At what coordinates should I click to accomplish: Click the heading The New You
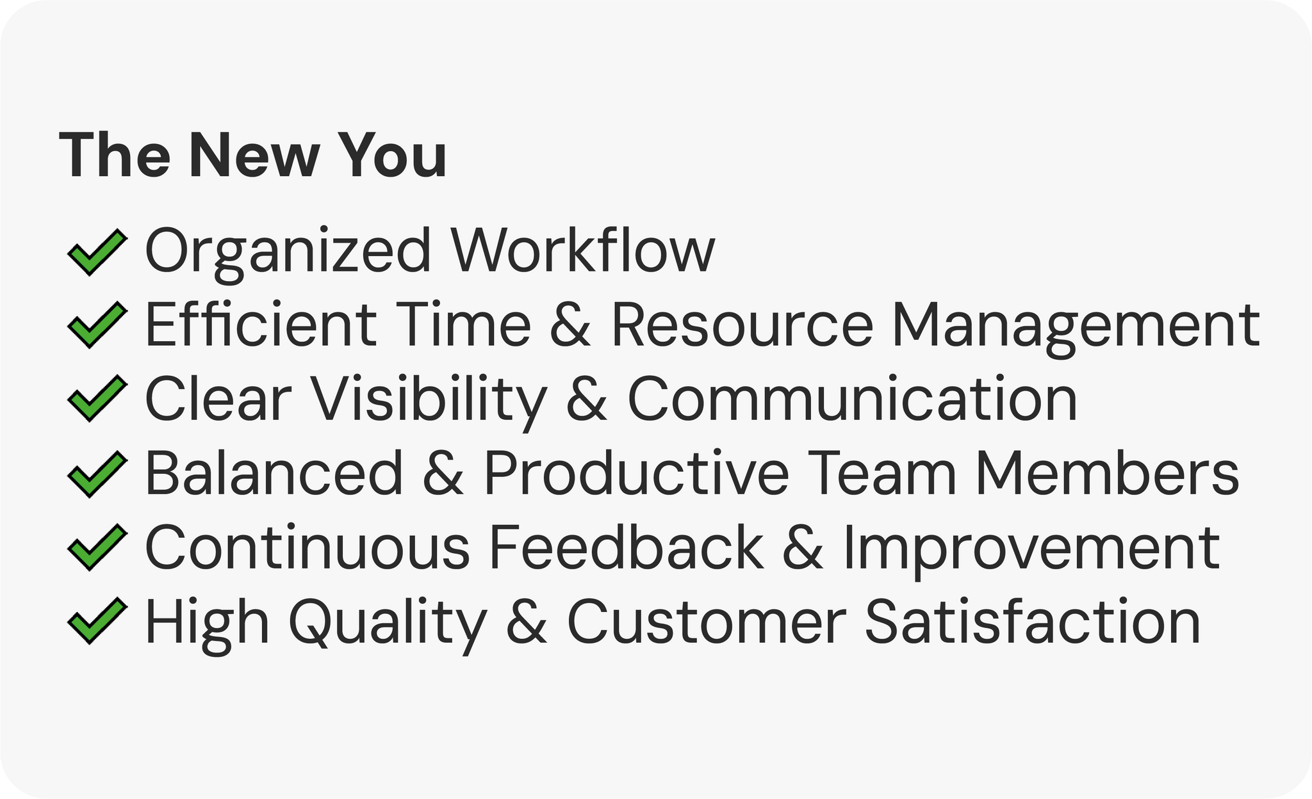(253, 156)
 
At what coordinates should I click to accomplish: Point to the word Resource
(742, 325)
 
